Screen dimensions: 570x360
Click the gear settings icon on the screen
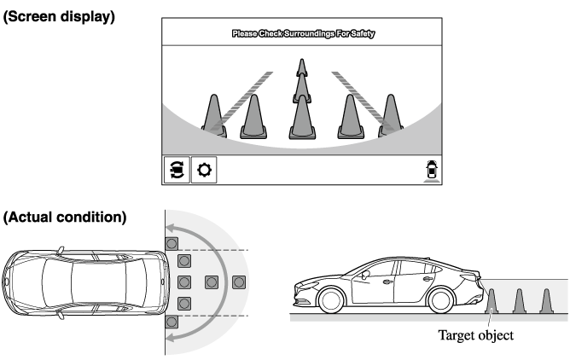click(204, 170)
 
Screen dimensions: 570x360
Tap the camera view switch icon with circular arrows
click(177, 170)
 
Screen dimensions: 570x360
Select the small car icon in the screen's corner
click(432, 170)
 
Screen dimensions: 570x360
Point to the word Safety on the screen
click(363, 34)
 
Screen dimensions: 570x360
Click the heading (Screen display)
click(59, 17)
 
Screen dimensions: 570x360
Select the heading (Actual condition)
click(65, 218)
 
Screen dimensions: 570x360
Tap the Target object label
click(475, 335)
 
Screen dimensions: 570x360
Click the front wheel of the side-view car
click(331, 300)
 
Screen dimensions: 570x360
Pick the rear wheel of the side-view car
click(441, 300)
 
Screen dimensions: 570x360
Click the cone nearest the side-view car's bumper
click(491, 301)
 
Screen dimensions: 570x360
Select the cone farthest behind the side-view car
click(546, 301)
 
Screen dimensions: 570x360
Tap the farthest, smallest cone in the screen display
click(302, 67)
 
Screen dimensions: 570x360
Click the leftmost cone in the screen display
click(214, 116)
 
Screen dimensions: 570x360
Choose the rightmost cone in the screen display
click(391, 115)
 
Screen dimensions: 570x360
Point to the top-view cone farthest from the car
click(239, 282)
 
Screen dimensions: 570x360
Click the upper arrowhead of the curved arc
click(172, 229)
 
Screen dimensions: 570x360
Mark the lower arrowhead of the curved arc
click(172, 337)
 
